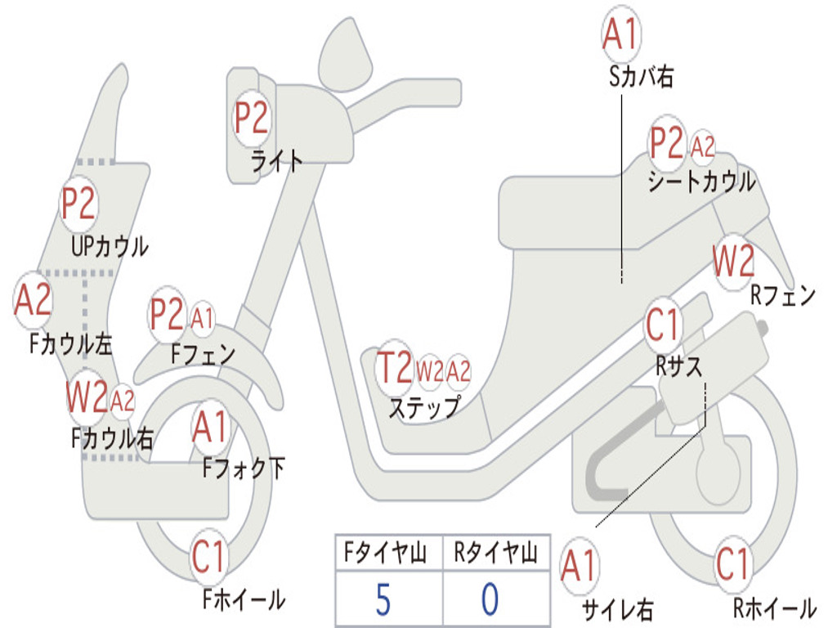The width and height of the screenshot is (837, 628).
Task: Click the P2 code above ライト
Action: (x=251, y=119)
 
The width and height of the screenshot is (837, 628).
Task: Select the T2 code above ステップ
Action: (x=394, y=368)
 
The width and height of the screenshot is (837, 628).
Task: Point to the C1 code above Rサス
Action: (x=663, y=325)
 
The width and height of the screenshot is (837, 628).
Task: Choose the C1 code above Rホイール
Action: (x=732, y=564)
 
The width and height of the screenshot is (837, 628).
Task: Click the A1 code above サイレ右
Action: (x=580, y=567)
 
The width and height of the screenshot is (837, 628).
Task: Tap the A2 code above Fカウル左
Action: (x=34, y=300)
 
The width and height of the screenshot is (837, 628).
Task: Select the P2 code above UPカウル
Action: (x=78, y=203)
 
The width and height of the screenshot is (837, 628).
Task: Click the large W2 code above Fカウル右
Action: (x=87, y=398)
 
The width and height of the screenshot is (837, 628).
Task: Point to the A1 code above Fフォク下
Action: (x=211, y=426)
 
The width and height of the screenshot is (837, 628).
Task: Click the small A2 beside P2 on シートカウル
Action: (x=703, y=147)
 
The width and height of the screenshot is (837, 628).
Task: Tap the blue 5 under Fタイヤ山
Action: (x=383, y=599)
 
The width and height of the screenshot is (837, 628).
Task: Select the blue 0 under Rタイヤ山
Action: (x=490, y=599)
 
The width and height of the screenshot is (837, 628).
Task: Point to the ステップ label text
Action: (x=424, y=406)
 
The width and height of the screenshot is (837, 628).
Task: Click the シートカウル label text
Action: (x=701, y=182)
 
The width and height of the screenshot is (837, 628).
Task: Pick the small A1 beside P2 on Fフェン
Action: (x=202, y=317)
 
